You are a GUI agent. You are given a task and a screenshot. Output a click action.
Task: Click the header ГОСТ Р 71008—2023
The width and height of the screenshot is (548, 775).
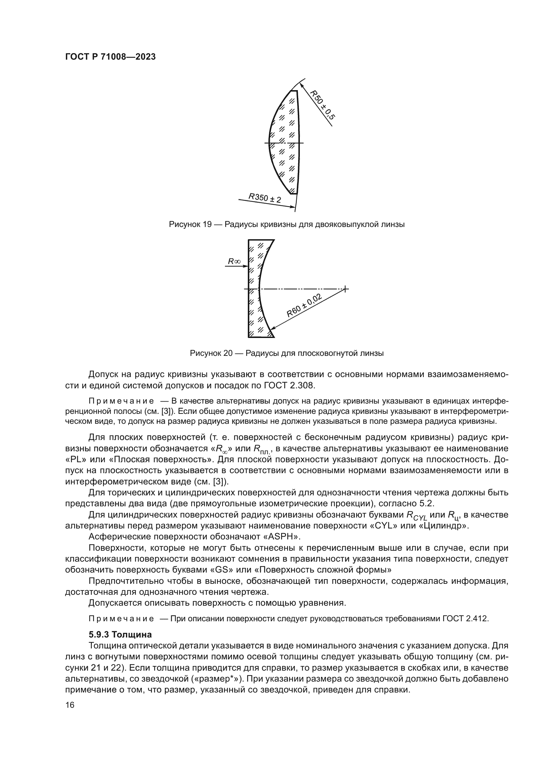110,57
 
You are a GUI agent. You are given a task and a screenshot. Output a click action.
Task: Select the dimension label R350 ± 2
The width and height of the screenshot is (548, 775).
265,198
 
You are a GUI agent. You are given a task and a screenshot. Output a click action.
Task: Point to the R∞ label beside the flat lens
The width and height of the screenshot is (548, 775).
234,261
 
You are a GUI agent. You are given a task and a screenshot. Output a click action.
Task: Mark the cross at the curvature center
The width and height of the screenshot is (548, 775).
345,289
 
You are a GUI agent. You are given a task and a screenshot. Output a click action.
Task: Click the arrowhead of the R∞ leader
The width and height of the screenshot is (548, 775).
246,266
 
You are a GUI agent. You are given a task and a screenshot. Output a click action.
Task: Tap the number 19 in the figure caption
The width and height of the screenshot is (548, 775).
207,224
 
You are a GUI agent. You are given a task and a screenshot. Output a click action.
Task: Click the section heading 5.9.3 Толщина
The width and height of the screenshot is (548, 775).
120,635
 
